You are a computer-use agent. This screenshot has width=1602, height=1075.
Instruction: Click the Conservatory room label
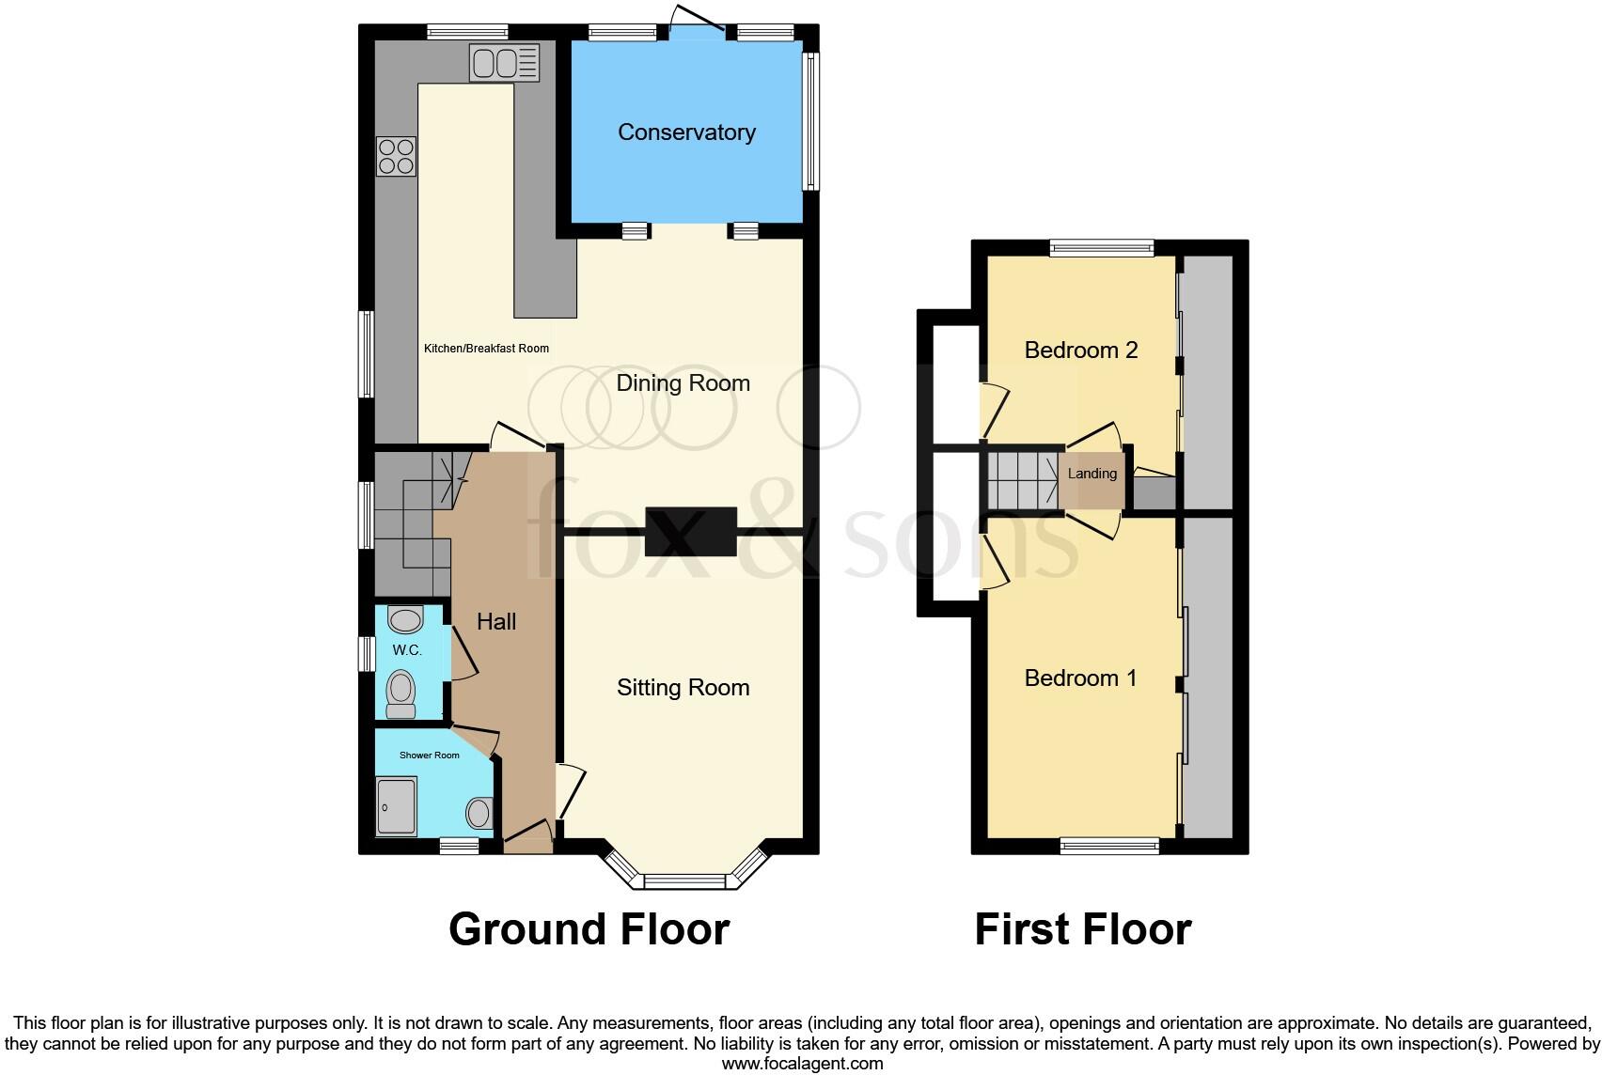coord(686,132)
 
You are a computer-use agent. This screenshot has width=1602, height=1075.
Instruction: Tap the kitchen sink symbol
coord(504,64)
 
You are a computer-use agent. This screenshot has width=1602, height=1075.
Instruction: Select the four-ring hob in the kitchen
coord(396,157)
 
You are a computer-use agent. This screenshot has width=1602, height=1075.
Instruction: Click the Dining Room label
coord(683,382)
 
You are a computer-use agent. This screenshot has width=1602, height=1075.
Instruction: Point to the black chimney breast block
coord(691,531)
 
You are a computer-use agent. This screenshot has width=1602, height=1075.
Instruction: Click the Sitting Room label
coord(683,687)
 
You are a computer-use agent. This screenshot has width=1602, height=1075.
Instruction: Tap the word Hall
coord(495,621)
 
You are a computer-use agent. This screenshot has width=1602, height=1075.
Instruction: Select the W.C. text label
coord(406,650)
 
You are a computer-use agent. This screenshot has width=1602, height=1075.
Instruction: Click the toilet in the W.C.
coord(401,693)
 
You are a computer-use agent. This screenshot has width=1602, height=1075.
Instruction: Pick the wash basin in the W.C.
coord(405,620)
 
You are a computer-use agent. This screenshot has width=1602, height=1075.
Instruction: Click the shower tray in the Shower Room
coord(397,805)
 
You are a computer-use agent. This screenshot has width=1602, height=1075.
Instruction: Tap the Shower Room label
coord(429,755)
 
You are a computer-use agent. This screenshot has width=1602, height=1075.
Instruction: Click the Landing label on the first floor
coord(1092,474)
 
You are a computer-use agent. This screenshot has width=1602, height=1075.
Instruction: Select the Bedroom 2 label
coord(1080,351)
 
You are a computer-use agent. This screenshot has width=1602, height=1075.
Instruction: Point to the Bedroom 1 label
coord(1080,678)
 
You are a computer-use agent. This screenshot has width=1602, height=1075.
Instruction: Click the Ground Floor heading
coord(589,928)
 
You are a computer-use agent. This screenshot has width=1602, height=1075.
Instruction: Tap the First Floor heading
coord(1082,928)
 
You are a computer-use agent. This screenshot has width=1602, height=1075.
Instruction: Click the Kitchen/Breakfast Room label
coord(486,349)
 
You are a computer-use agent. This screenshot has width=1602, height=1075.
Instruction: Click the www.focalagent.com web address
coord(802,1064)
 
